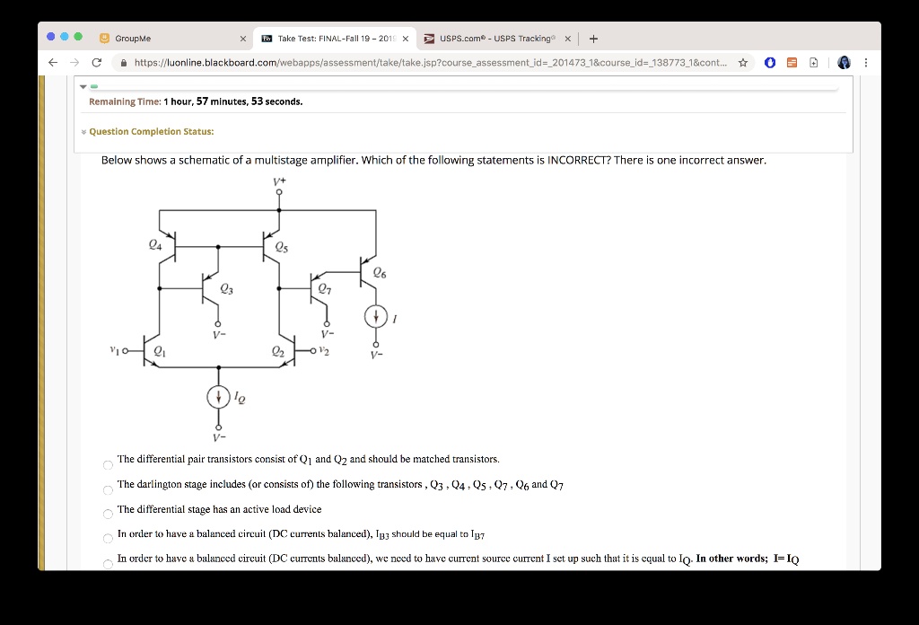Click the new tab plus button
pyautogui.click(x=594, y=39)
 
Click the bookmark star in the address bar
pyautogui.click(x=743, y=63)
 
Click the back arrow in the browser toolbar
pyautogui.click(x=53, y=63)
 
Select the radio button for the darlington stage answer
pyautogui.click(x=108, y=490)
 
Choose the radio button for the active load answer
pyautogui.click(x=108, y=515)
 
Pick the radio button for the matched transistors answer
pyautogui.click(x=108, y=465)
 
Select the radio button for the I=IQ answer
pyautogui.click(x=108, y=564)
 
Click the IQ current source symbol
pyautogui.click(x=219, y=397)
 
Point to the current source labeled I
pyautogui.click(x=376, y=317)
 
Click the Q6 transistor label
pyautogui.click(x=380, y=273)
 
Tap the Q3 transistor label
pyautogui.click(x=226, y=288)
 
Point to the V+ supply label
pyautogui.click(x=279, y=181)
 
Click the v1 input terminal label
pyautogui.click(x=114, y=350)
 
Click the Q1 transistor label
pyautogui.click(x=160, y=351)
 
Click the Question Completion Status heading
pyautogui.click(x=151, y=131)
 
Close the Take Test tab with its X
pyautogui.click(x=406, y=39)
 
